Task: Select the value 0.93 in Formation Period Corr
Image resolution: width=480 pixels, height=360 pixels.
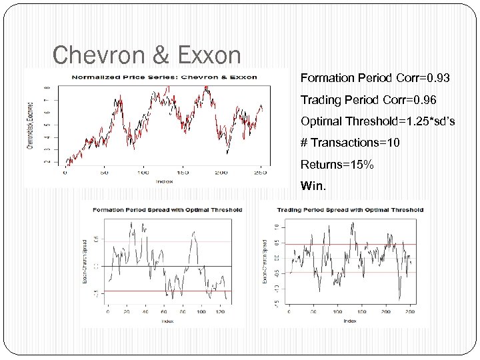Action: pyautogui.click(x=437, y=79)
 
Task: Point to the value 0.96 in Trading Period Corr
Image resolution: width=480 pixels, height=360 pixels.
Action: pyautogui.click(x=425, y=100)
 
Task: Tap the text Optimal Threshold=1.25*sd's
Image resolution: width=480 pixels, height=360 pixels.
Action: pyautogui.click(x=377, y=122)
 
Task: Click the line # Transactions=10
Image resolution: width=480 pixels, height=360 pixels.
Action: pyautogui.click(x=350, y=143)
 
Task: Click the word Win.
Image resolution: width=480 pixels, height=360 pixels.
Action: pyautogui.click(x=314, y=185)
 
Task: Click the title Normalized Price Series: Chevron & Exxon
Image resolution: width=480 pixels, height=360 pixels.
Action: pyautogui.click(x=164, y=77)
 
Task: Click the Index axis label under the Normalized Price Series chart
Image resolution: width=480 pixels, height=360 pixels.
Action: pyautogui.click(x=164, y=181)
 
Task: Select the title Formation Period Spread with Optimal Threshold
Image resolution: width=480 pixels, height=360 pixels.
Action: pyautogui.click(x=167, y=209)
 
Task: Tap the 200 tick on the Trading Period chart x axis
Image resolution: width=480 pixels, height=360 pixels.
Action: pyautogui.click(x=385, y=312)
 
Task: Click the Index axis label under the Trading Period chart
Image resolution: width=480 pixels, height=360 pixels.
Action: pyautogui.click(x=349, y=321)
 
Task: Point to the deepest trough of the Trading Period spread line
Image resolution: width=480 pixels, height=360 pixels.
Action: pyautogui.click(x=399, y=299)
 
